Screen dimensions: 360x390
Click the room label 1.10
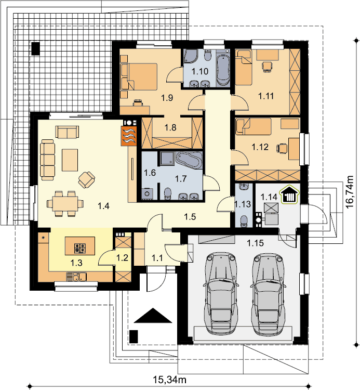pos(200,72)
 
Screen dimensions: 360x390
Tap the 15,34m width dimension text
pos(170,380)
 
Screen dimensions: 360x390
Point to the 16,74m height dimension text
pos(350,192)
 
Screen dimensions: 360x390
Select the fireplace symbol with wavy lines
pos(129,136)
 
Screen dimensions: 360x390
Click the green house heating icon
pos(289,195)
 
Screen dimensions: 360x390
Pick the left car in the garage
pos(221,292)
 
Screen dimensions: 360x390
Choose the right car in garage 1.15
pos(268,292)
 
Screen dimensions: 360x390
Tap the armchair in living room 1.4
pos(86,179)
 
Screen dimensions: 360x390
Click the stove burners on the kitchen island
pos(80,248)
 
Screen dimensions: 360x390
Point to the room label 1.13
pos(243,204)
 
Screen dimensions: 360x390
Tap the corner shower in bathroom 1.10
pos(190,56)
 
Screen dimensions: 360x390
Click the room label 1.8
pos(170,127)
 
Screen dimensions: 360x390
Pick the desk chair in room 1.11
pos(267,67)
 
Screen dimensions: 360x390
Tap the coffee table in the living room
pos(70,160)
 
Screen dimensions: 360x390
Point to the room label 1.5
pos(190,217)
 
